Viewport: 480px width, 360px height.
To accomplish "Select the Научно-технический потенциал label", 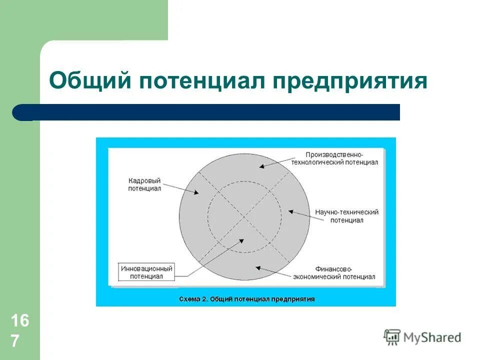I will pos(346,216).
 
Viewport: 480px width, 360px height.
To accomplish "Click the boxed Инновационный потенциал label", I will pos(147,272).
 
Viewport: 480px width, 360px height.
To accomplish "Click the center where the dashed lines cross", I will pos(244,217).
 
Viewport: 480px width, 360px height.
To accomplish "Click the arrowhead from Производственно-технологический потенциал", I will pos(261,166).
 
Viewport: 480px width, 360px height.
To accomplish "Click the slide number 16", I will pos(20,321).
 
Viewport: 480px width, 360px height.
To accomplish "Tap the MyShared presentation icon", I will pos(392,337).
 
